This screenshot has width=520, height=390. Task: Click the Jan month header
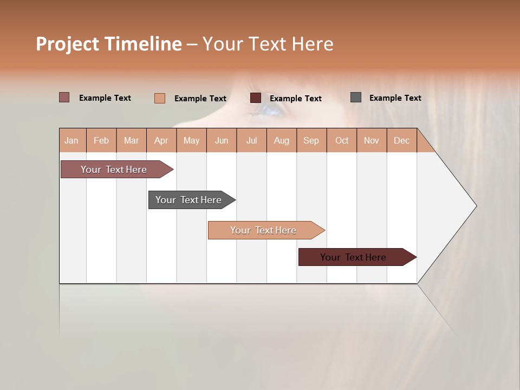(71, 140)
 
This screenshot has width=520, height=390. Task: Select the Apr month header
(161, 140)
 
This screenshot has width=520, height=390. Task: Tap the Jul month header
(251, 140)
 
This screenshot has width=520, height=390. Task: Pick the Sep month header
(311, 140)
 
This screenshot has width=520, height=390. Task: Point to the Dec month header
(401, 140)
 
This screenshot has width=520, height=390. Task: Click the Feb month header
(101, 140)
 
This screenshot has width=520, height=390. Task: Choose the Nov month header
(372, 140)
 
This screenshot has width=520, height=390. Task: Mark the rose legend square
(64, 97)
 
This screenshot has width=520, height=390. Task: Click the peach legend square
(159, 98)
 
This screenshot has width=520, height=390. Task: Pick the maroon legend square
(256, 98)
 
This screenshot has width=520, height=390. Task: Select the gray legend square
(356, 97)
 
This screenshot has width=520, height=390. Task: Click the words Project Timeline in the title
(108, 44)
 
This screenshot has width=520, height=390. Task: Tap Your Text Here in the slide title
(268, 44)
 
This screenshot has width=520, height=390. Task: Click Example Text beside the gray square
(395, 98)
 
